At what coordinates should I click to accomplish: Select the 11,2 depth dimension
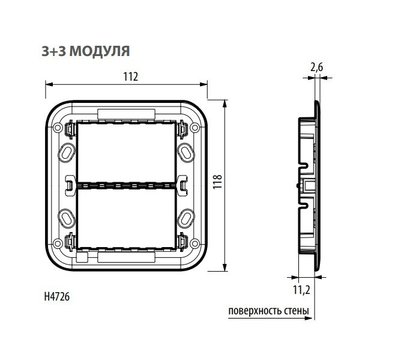pos(317,289)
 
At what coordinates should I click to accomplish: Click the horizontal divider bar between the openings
pos(130,184)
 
